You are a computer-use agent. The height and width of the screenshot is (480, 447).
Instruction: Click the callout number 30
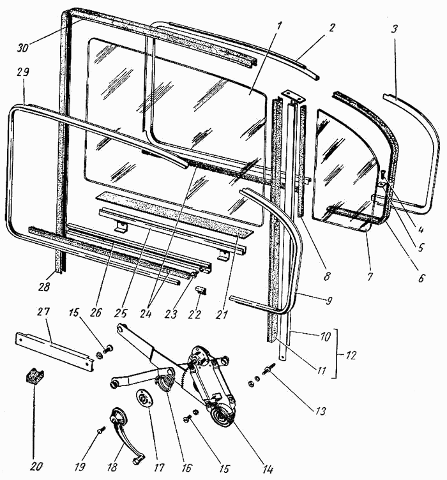(x=23, y=47)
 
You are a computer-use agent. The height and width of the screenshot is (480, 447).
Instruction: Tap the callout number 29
(x=22, y=73)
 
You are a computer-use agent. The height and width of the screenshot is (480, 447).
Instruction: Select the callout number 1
(x=278, y=26)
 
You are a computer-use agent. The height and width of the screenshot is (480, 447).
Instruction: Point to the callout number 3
(x=395, y=29)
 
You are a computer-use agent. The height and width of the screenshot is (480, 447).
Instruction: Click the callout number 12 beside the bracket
(x=350, y=355)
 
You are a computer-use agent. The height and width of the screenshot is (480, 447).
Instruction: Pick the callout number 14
(x=268, y=469)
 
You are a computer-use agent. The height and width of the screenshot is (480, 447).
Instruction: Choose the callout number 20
(x=36, y=467)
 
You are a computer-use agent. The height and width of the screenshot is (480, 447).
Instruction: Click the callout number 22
(x=195, y=314)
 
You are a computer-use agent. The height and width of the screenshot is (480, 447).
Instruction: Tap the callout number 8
(x=327, y=276)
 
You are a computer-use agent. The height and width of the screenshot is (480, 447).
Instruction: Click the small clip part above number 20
(x=34, y=376)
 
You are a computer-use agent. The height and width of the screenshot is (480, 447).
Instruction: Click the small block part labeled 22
(x=201, y=290)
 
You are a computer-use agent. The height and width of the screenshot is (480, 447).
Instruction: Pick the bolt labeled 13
(x=268, y=369)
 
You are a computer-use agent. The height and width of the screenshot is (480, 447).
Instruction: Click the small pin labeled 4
(x=383, y=175)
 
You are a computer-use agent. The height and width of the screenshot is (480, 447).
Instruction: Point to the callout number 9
(x=328, y=301)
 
